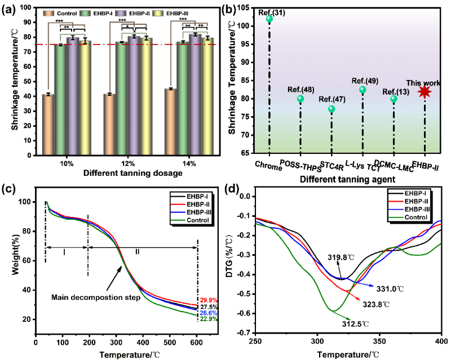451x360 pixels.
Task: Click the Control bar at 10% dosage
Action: click(48, 124)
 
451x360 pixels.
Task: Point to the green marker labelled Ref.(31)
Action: click(269, 19)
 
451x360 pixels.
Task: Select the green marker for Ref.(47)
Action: click(331, 109)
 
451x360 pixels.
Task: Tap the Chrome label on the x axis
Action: click(268, 165)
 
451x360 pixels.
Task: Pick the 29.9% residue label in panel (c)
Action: click(207, 300)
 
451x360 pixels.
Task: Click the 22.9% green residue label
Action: click(207, 319)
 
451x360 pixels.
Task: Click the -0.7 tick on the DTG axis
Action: click(246, 333)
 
